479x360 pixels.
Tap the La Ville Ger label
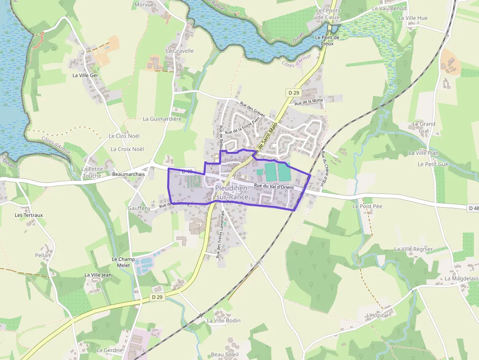click(x=85, y=75)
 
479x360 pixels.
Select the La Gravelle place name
click(x=180, y=51)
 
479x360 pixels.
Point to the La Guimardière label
click(x=162, y=119)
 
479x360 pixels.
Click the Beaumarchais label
click(x=129, y=174)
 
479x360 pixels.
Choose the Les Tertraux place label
click(x=29, y=215)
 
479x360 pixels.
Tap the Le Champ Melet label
click(x=123, y=262)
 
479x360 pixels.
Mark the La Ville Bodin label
click(x=223, y=320)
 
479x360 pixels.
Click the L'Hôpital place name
click(x=377, y=316)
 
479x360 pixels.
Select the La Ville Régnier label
click(x=414, y=249)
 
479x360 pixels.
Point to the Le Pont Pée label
click(x=367, y=206)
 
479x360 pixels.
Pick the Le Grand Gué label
click(x=424, y=127)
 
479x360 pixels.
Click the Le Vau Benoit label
click(x=389, y=8)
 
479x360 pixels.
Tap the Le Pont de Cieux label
click(x=324, y=40)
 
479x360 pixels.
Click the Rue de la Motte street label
click(x=309, y=102)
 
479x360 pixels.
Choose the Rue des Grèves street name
click(x=252, y=109)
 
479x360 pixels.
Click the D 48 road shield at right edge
click(x=473, y=209)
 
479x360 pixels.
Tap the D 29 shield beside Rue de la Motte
click(x=293, y=92)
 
